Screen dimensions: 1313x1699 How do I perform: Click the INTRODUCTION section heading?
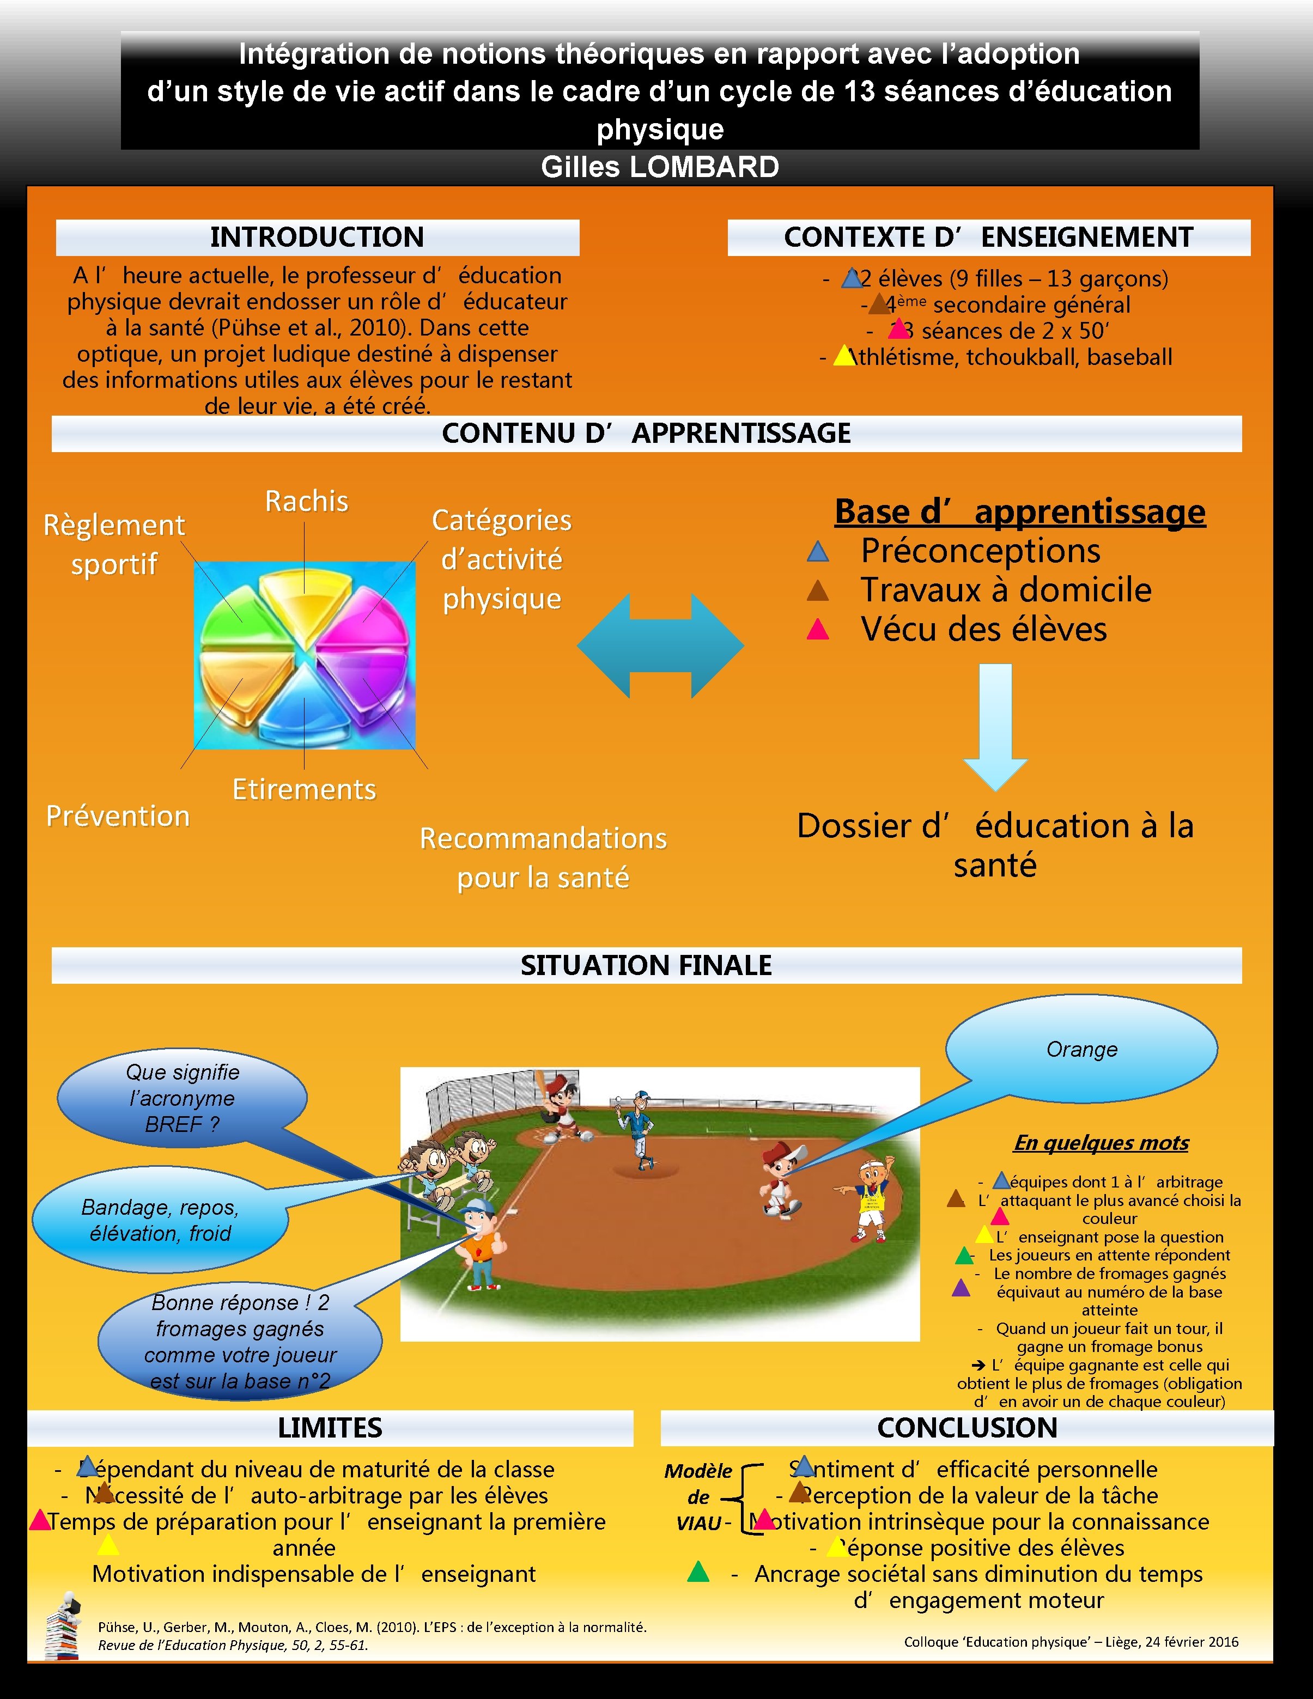(x=318, y=238)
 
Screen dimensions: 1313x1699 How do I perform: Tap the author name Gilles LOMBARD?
(x=660, y=167)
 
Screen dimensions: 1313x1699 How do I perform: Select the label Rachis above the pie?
(x=307, y=501)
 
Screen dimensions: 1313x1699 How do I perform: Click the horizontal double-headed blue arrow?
(x=660, y=646)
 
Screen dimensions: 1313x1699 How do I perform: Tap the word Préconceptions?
(x=980, y=551)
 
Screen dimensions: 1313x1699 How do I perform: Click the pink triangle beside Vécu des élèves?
(x=818, y=629)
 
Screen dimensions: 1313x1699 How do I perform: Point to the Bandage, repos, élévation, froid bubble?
(x=160, y=1220)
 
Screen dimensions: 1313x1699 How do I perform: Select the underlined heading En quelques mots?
(x=1101, y=1143)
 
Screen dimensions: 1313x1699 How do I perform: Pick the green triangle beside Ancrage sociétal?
(x=698, y=1572)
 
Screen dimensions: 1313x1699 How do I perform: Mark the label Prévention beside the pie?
(x=118, y=816)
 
